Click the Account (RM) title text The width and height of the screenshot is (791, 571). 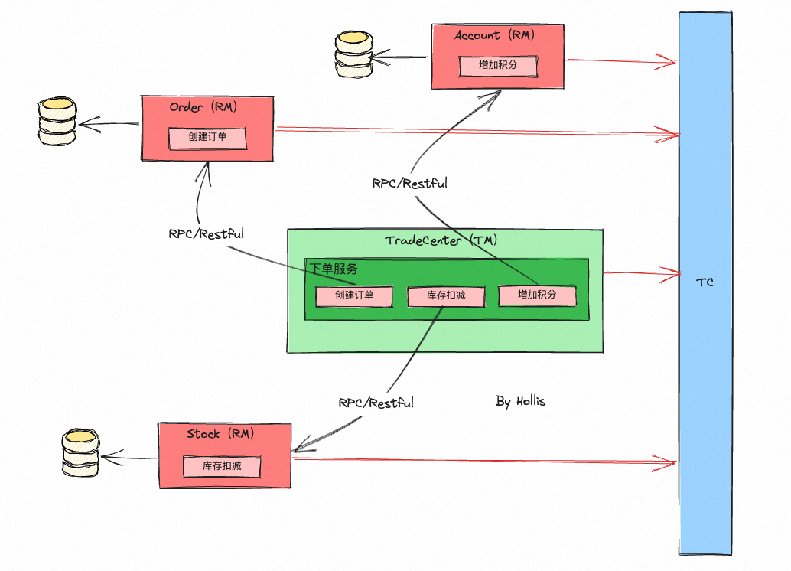[x=493, y=35]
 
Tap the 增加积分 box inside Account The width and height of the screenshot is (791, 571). [x=498, y=65]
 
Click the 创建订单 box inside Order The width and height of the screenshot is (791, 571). [x=207, y=139]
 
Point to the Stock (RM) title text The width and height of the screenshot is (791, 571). [x=220, y=434]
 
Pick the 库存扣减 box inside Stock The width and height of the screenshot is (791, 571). [x=222, y=465]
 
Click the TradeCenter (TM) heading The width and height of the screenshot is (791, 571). [x=441, y=240]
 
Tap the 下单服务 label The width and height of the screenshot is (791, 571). [x=334, y=269]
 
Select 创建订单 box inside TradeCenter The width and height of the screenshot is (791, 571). [x=354, y=295]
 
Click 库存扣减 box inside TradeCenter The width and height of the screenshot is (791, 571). [x=446, y=295]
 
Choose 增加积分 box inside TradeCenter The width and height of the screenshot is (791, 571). [x=537, y=295]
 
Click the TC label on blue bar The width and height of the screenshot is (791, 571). [x=705, y=282]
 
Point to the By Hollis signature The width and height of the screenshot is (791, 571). [x=520, y=401]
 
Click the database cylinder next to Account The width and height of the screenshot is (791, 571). [x=353, y=55]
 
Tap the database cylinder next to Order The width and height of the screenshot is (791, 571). [x=58, y=122]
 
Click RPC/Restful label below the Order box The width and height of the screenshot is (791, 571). [x=206, y=234]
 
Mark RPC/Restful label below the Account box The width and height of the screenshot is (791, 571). [x=410, y=184]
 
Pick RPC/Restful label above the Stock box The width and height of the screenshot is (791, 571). [x=376, y=403]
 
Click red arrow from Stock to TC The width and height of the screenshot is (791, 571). [x=482, y=460]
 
